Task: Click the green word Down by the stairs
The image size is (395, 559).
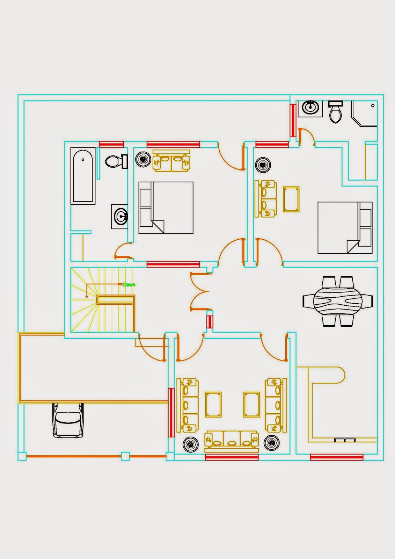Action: pos(129,285)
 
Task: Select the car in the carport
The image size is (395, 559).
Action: pos(68,420)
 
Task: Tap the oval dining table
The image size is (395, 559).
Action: pos(338,301)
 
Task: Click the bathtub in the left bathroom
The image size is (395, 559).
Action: pos(83,176)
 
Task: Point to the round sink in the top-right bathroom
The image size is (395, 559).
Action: pos(310,107)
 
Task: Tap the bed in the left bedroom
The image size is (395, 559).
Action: pos(166,208)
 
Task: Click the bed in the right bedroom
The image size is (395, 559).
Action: pos(345,227)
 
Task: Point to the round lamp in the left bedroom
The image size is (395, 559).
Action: pos(143,159)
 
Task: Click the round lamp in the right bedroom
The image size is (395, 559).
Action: pos(263,165)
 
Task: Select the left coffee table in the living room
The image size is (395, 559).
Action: pos(213,405)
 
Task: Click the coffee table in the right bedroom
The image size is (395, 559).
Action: pos(291,199)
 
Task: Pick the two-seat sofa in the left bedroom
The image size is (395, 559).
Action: pos(171,161)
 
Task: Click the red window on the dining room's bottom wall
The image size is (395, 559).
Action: pos(336,457)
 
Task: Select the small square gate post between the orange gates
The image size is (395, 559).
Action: pos(125,456)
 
